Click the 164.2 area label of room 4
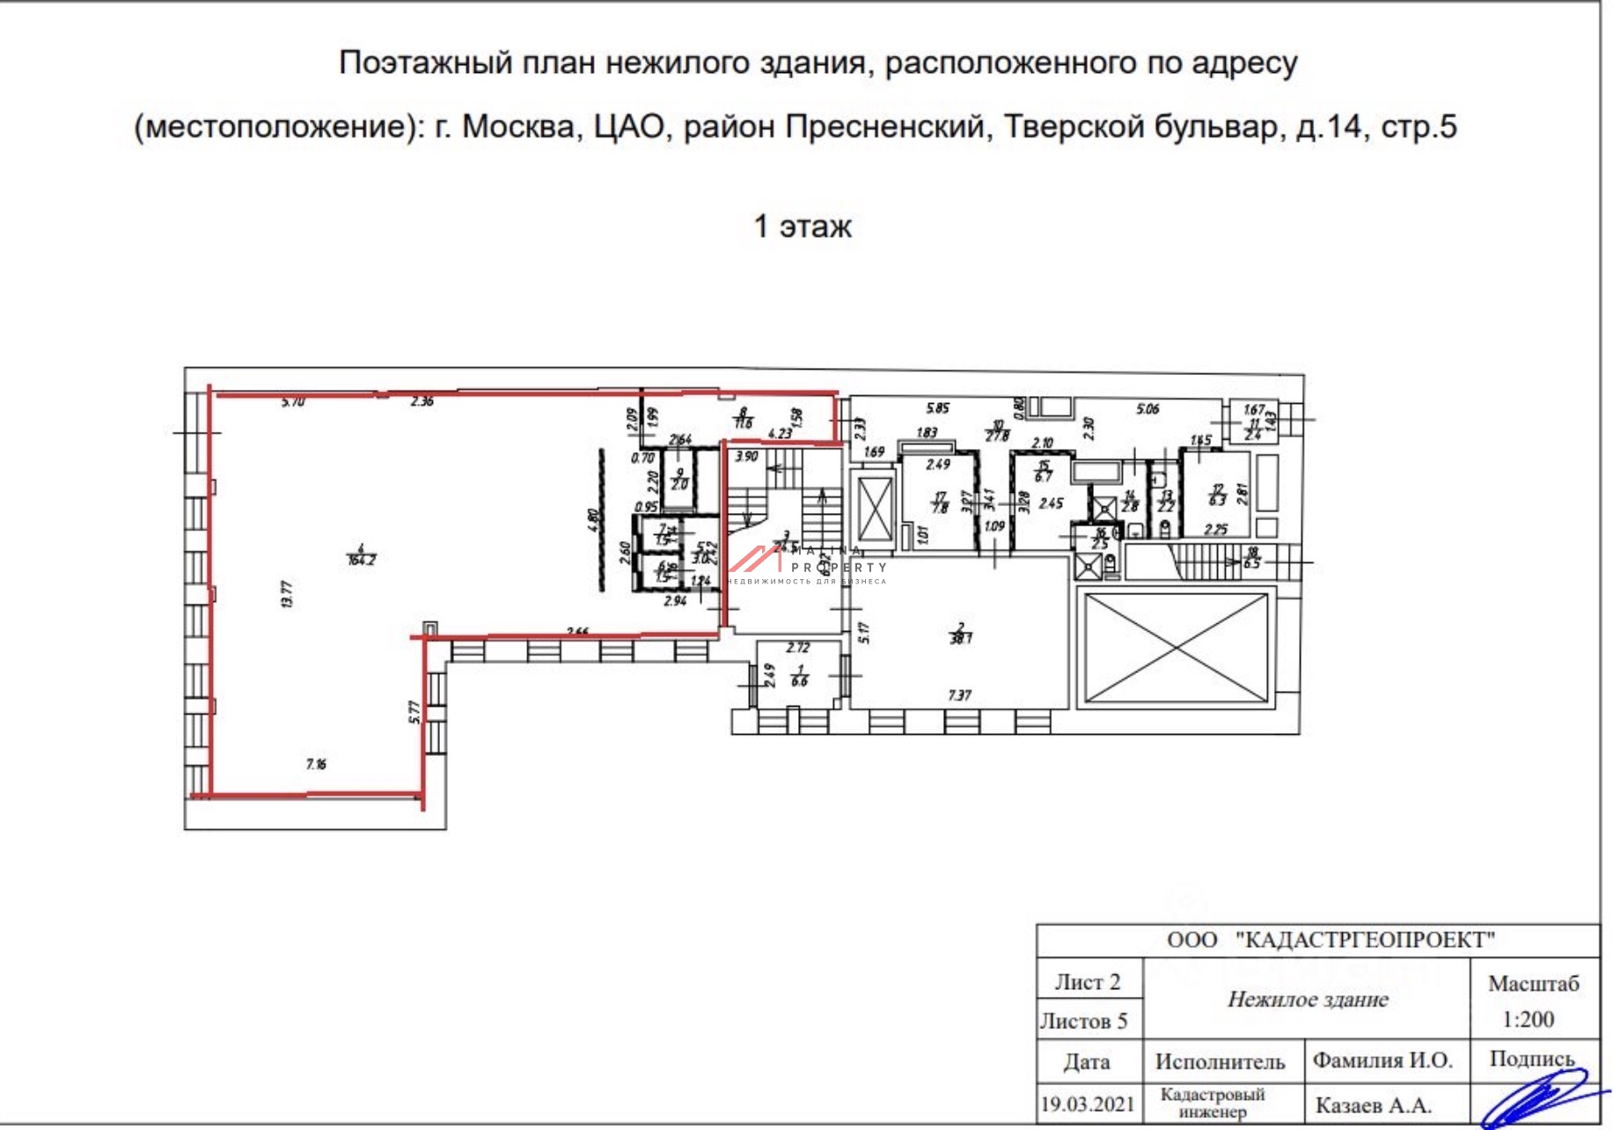362,560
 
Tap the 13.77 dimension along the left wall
286,594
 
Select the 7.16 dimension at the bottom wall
316,764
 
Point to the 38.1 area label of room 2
961,638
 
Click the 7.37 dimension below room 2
959,695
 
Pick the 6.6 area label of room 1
800,681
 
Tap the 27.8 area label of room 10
997,436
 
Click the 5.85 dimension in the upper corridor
937,408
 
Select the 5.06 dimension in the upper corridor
1147,409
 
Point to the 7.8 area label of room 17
941,508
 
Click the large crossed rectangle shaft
1177,649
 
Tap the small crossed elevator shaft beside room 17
874,510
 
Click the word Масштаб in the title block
1533,983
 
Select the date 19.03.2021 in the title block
1088,1104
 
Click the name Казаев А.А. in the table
1373,1105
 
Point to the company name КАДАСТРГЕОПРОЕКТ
1365,940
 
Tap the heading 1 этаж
803,226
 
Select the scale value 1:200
1528,1019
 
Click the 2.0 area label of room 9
679,484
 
